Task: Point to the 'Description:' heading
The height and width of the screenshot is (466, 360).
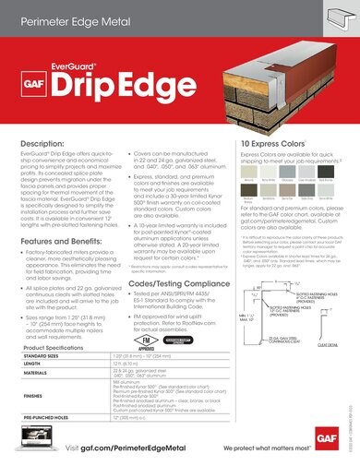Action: tap(41, 145)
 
